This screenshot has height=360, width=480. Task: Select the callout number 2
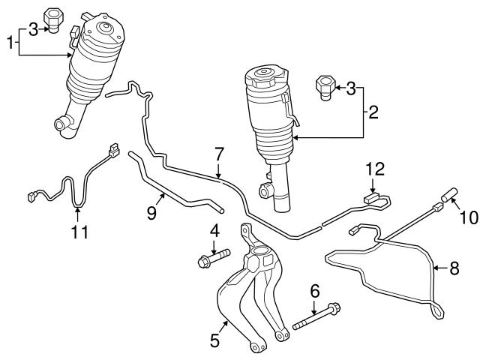[373, 114]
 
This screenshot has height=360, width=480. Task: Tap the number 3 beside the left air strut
[32, 28]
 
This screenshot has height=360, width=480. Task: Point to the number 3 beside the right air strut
[351, 89]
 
